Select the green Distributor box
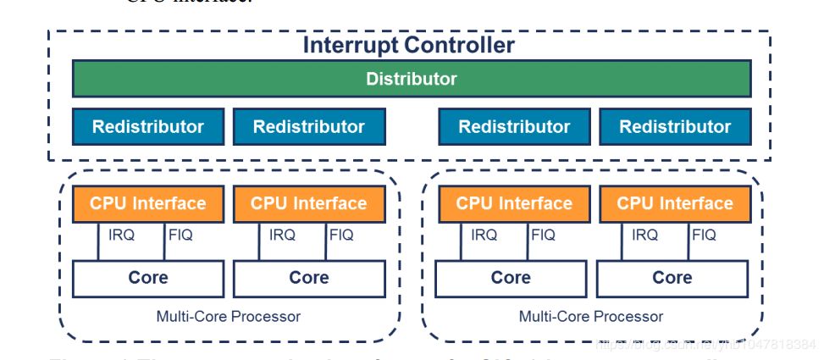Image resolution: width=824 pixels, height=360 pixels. [411, 80]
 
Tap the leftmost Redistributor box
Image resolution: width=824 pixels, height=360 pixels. [148, 127]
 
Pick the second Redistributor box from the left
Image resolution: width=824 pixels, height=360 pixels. [309, 127]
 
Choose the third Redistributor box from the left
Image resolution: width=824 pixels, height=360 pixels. [514, 127]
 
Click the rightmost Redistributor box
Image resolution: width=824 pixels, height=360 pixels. [675, 127]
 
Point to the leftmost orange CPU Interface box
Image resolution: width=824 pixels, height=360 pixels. [148, 203]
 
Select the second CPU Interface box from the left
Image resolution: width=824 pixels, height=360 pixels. [309, 203]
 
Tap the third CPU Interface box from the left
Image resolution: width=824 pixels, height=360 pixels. [514, 203]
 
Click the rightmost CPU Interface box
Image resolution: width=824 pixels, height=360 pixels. [675, 203]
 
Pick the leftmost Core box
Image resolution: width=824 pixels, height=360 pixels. [148, 278]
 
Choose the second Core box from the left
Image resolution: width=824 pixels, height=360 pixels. [309, 278]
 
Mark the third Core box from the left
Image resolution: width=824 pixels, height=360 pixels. [512, 278]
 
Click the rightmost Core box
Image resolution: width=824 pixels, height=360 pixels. [672, 278]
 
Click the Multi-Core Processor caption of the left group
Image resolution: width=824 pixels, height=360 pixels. [229, 317]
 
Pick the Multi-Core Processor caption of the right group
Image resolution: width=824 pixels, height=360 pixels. [591, 317]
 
